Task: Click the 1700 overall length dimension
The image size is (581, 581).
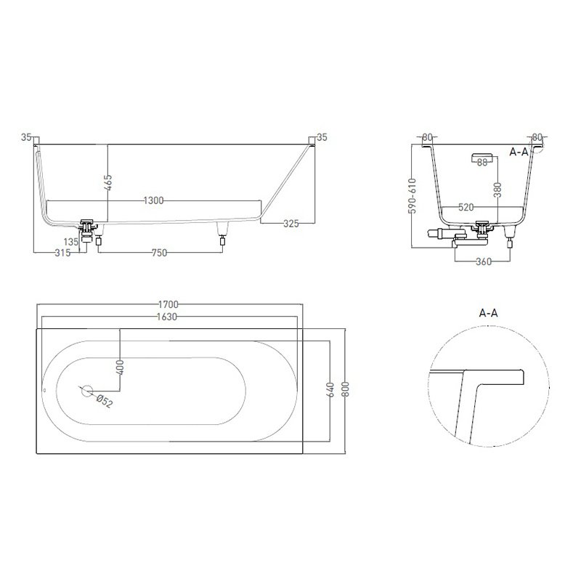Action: pos(168,304)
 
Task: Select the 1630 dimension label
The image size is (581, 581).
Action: pos(167,317)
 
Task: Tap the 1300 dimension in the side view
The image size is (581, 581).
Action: pos(153,200)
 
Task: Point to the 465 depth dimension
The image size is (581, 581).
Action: pos(107,183)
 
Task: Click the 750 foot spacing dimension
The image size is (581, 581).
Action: pos(159,253)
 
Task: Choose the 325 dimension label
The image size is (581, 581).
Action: pos(291,224)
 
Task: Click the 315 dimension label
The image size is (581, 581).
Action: pos(62,253)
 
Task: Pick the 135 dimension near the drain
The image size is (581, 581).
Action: pos(70,242)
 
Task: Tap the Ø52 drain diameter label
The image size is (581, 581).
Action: pos(104,402)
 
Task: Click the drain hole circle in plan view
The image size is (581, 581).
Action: pos(86,391)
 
